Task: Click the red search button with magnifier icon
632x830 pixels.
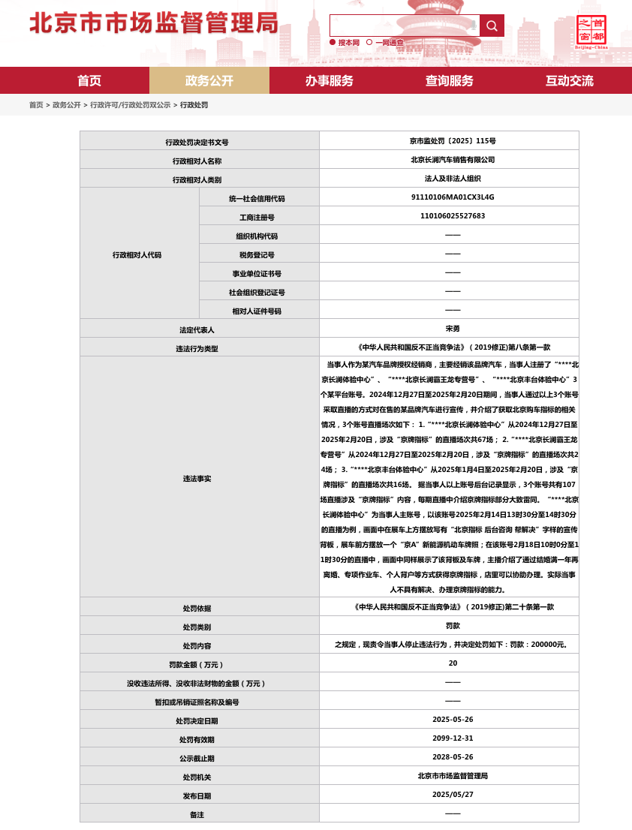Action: (x=492, y=26)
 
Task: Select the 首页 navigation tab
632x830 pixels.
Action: (x=89, y=80)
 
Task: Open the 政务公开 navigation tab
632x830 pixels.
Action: (x=209, y=80)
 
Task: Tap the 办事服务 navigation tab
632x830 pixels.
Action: (x=329, y=80)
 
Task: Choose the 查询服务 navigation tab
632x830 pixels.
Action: (x=450, y=80)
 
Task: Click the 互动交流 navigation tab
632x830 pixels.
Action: (x=569, y=80)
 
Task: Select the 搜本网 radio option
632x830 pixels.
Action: (x=333, y=43)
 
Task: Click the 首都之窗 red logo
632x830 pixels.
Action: (x=591, y=31)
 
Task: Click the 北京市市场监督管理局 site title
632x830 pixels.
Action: (x=154, y=23)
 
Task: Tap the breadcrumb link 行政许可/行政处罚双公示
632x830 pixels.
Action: (x=130, y=105)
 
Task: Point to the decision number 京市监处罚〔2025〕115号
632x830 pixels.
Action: (x=453, y=140)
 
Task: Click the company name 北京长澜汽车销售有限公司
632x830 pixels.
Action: (x=453, y=159)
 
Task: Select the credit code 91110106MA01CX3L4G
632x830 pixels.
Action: (x=453, y=197)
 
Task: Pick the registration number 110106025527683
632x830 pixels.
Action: (x=453, y=216)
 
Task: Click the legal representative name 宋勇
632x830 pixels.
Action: (x=453, y=329)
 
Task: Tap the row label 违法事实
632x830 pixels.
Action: (x=197, y=478)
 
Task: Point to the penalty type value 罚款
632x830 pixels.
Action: (x=453, y=625)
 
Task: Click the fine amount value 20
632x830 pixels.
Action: (x=453, y=663)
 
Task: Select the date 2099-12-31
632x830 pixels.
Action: (x=453, y=738)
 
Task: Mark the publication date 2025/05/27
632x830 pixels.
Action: (x=453, y=794)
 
